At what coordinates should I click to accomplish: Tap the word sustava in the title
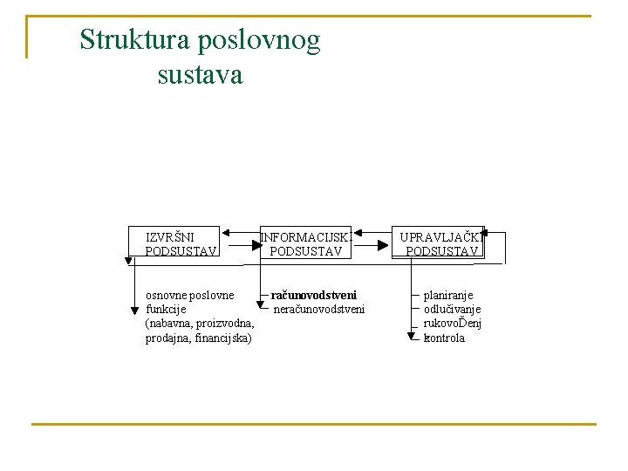point(200,75)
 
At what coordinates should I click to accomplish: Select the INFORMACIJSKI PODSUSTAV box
point(305,243)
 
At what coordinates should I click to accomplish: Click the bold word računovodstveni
point(313,295)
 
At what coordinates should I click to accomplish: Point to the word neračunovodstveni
point(319,309)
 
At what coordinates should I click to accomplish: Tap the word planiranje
point(448,296)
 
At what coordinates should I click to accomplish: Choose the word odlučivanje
point(452,310)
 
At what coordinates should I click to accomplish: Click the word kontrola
point(444,338)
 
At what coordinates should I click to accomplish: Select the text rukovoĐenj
point(452,324)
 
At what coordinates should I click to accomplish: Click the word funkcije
point(166,309)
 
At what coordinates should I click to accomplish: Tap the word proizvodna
point(226,324)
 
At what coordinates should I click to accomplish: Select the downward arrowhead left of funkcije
point(134,308)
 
